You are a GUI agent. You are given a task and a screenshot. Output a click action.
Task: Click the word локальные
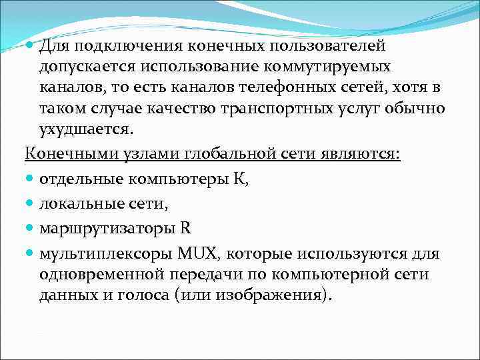click(x=77, y=203)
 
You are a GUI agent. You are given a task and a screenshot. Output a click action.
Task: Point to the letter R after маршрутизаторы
click(x=185, y=228)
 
